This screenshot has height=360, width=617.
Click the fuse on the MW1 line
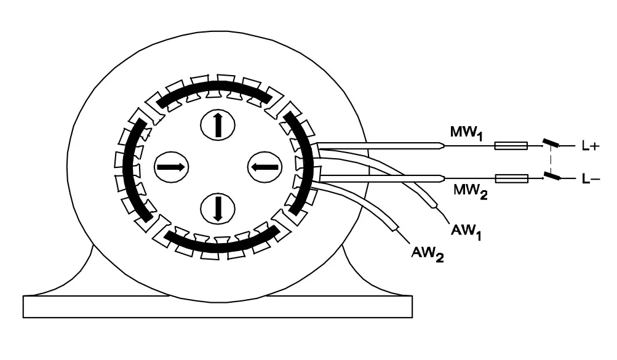click(x=511, y=146)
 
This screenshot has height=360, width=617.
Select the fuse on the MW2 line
click(x=511, y=178)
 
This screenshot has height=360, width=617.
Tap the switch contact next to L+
click(x=552, y=145)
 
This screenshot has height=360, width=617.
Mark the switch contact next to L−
click(x=552, y=177)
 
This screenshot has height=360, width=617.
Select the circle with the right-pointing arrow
click(x=170, y=166)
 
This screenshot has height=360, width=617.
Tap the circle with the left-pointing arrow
click(x=265, y=166)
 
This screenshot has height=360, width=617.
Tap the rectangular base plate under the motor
click(x=217, y=306)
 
